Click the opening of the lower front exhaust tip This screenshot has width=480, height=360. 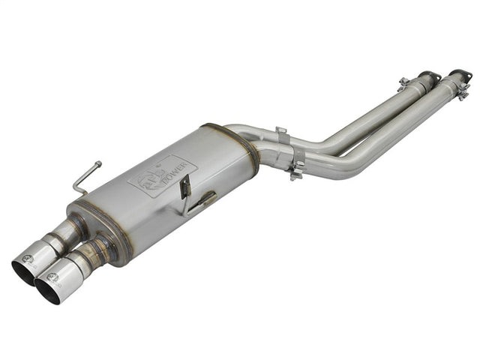(48, 290)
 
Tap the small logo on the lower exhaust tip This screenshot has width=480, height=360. (52, 277)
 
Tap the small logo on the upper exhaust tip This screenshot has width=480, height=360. (28, 258)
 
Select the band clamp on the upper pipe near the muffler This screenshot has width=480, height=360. (281, 139)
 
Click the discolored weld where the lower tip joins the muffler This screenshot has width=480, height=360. (96, 249)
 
